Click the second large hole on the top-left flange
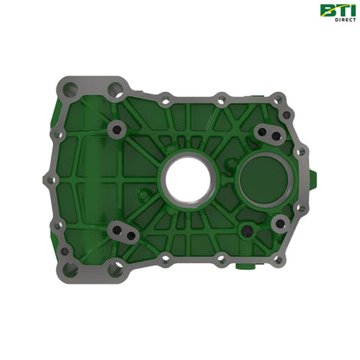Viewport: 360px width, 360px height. (113, 88)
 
